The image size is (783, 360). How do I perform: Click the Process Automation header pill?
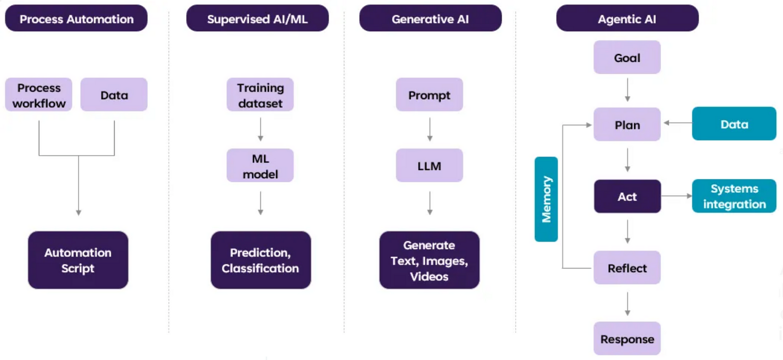click(76, 18)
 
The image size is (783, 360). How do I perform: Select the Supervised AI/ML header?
click(257, 18)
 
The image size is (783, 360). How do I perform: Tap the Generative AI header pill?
click(430, 18)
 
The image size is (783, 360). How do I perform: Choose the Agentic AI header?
click(627, 18)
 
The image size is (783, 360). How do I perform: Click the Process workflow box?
click(39, 95)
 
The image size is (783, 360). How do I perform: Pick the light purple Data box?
click(114, 95)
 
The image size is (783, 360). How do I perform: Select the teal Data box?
click(734, 124)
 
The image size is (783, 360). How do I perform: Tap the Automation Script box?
click(78, 260)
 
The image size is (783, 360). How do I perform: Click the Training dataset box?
click(260, 95)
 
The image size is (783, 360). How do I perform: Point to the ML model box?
click(260, 166)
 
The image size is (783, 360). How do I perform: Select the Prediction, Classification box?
click(260, 260)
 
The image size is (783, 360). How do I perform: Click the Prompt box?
click(429, 95)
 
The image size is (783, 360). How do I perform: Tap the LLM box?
click(429, 166)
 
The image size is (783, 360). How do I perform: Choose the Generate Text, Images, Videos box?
click(429, 260)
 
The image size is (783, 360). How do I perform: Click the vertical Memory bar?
click(546, 199)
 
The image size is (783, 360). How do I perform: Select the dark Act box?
click(627, 196)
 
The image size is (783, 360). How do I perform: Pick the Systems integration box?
click(734, 196)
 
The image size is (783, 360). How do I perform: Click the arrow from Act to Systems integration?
click(677, 195)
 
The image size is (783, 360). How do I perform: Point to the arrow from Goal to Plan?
click(627, 90)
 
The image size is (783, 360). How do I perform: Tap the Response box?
click(627, 339)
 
